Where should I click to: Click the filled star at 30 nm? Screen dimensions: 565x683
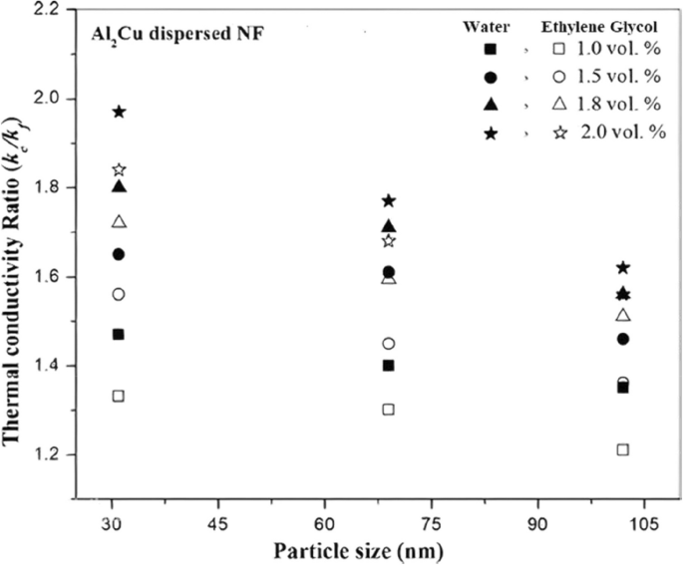[x=119, y=111]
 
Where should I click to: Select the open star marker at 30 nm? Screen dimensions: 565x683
[x=119, y=170]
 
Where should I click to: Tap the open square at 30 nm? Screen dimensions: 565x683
[x=119, y=396]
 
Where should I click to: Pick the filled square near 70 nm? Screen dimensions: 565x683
[x=389, y=365]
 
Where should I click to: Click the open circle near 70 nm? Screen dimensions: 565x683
[x=389, y=344]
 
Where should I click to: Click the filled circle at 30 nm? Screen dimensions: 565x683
[x=119, y=254]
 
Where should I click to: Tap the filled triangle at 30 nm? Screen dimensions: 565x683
[x=119, y=186]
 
